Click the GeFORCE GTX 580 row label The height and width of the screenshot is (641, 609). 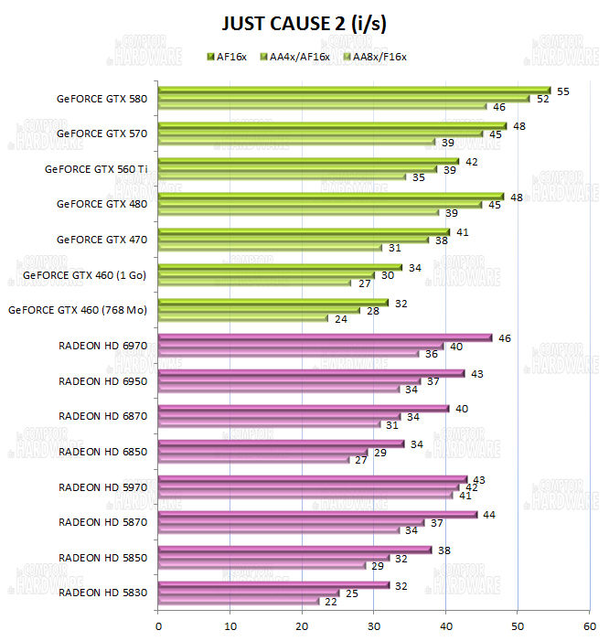click(101, 98)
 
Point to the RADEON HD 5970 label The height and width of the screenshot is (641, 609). click(102, 486)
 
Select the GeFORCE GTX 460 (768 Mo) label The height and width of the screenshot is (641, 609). click(78, 310)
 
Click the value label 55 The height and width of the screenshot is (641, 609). click(563, 91)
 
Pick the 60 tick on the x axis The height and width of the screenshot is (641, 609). click(589, 625)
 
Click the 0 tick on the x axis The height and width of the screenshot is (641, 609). click(159, 625)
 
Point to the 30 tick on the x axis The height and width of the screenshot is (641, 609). click(374, 625)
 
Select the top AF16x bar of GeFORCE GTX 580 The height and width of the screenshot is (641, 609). click(355, 91)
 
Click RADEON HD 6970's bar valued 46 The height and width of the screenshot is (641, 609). click(324, 338)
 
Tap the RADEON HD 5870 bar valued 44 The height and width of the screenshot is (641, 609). click(316, 515)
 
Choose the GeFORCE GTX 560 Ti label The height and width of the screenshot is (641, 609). click(96, 168)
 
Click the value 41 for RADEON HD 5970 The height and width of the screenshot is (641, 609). click(466, 496)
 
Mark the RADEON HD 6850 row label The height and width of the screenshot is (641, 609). click(102, 452)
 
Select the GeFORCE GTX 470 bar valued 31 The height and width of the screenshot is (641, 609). click(270, 248)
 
